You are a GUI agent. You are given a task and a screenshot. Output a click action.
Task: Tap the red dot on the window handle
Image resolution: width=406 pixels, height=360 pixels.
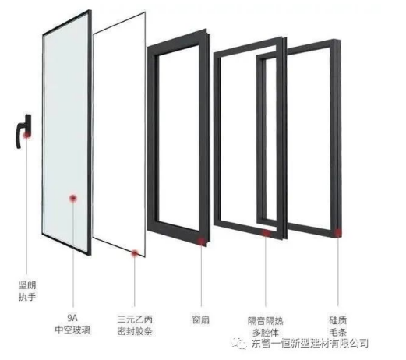pos(26,135)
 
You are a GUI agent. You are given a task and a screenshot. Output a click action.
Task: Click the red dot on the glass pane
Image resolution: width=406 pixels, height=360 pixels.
pos(73,199)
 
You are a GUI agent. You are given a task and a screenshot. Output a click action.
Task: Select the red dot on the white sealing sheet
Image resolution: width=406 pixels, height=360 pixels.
pos(135,253)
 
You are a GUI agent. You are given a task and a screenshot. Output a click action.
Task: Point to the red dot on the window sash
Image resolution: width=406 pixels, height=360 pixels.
pos(201,242)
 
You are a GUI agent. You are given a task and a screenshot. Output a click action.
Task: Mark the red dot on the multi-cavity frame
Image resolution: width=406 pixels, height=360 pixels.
pos(266,233)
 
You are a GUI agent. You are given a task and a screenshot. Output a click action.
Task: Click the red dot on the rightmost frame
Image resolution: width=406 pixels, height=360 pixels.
pos(337,233)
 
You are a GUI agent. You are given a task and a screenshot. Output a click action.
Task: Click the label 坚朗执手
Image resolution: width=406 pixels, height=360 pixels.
pos(27,291)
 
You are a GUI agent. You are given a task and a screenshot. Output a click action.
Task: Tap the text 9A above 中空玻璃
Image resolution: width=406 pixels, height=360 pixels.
pos(72,317)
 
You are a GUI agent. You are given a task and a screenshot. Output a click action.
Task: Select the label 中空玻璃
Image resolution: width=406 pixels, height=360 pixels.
pos(72,330)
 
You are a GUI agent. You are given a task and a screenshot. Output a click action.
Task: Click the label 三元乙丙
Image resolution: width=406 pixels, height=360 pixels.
pos(135,319)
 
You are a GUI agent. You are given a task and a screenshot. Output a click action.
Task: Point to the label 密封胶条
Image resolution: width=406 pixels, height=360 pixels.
pos(135,331)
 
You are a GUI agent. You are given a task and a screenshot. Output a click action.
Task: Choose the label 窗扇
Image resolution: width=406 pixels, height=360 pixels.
pos(200,319)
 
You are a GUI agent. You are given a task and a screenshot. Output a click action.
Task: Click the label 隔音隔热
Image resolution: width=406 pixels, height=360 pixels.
pos(265,321)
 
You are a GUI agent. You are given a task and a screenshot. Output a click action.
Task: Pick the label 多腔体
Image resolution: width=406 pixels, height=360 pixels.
pos(265,333)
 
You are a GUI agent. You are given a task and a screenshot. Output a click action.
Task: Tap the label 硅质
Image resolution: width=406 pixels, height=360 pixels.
pos(338,320)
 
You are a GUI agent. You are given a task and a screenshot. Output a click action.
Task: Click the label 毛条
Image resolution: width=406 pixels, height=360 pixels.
pos(338,332)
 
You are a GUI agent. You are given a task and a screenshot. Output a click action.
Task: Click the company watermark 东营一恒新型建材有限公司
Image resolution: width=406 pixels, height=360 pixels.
pos(310,344)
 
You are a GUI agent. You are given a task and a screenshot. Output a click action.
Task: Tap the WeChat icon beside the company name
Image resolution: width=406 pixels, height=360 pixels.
pos(239,344)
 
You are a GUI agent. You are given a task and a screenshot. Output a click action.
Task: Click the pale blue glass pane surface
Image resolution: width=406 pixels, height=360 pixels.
pos(66,130)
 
